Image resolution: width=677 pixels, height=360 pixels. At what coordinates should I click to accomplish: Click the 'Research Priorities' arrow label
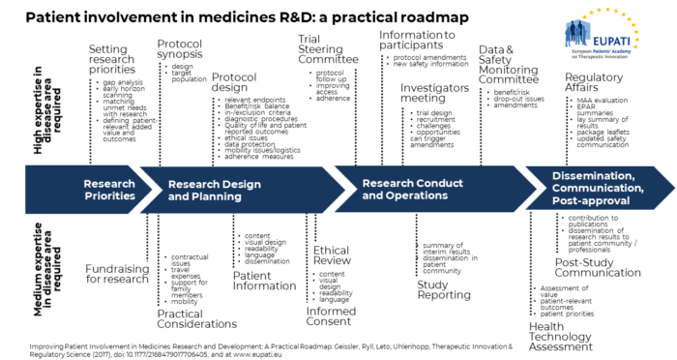[x=109, y=189]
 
